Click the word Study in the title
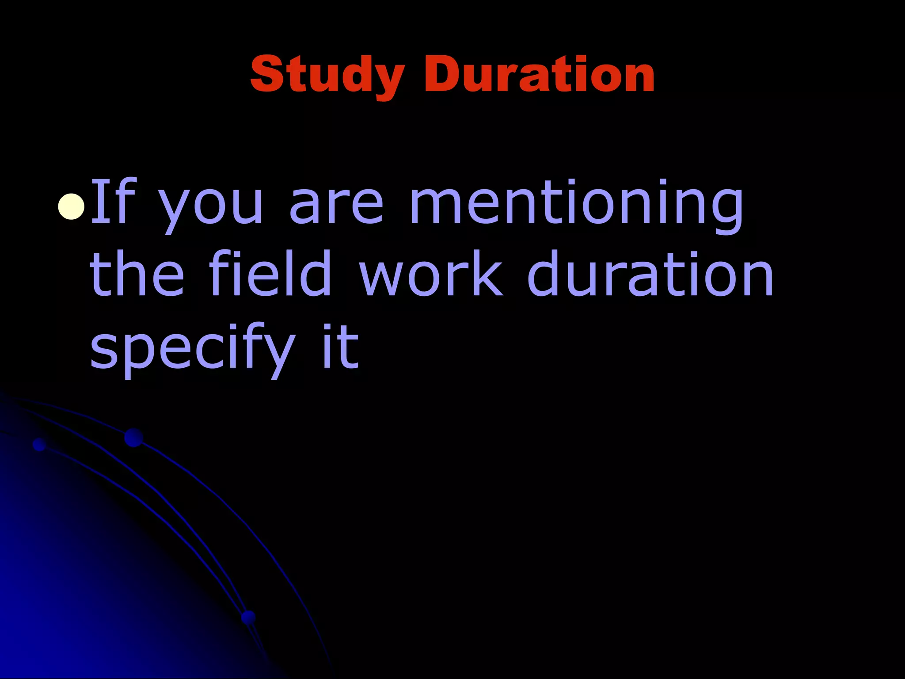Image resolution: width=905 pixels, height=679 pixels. (327, 75)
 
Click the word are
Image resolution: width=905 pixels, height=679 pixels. (337, 206)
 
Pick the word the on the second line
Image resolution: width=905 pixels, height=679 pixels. (137, 274)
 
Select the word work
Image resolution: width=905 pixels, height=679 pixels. (431, 274)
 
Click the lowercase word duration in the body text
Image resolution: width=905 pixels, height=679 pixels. (650, 274)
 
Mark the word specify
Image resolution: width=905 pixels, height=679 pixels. (192, 349)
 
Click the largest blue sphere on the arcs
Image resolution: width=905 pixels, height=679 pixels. (134, 438)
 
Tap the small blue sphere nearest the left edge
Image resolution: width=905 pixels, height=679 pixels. (40, 444)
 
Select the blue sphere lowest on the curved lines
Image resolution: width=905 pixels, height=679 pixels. (249, 618)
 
